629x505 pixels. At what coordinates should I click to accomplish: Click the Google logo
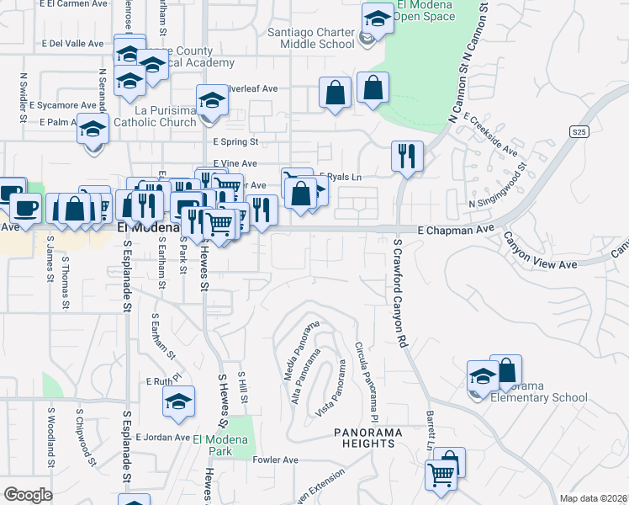28,494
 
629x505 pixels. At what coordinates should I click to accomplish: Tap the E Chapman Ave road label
457,229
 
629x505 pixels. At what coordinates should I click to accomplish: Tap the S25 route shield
578,131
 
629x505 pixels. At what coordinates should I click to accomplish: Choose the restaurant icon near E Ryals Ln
407,156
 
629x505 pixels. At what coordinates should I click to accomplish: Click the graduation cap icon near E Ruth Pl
179,401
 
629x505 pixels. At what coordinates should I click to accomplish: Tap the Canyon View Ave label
540,256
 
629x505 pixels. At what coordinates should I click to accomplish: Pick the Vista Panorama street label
331,388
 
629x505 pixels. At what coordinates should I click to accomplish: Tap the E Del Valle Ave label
71,43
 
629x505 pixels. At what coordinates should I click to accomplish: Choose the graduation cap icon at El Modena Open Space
378,18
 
